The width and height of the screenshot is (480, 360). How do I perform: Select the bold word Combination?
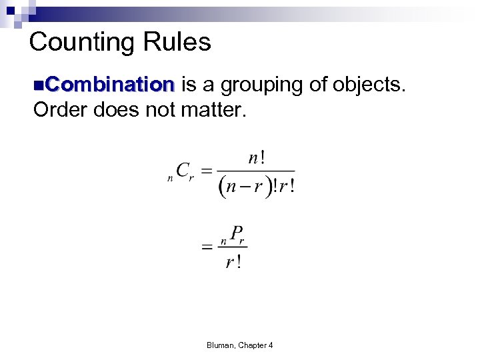point(110,85)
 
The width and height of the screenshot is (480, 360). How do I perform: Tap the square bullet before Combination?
point(39,85)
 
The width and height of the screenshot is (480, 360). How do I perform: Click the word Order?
point(61,109)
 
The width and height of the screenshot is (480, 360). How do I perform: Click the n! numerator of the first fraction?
point(257,159)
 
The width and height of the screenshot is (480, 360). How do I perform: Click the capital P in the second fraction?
point(235,233)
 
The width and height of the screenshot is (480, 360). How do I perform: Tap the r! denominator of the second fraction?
point(233,261)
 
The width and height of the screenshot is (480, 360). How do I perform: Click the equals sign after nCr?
point(207,171)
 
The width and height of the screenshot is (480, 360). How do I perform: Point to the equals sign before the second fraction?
point(207,247)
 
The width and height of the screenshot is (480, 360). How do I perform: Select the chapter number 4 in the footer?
point(270,345)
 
